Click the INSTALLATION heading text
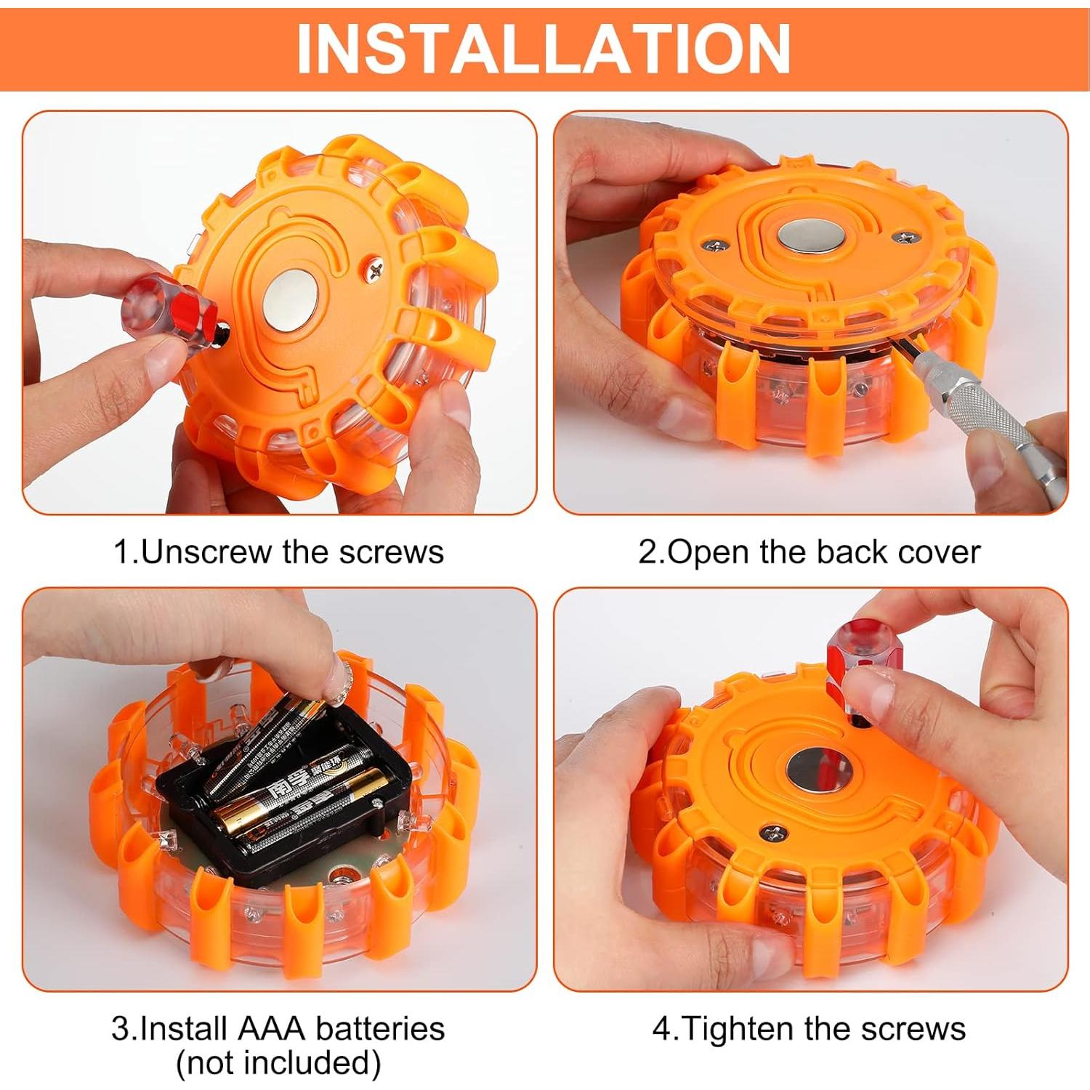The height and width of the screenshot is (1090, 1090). [544, 48]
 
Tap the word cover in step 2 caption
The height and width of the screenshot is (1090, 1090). [939, 552]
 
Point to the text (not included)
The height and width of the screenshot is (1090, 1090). [278, 1062]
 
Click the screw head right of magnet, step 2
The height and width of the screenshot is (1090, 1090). [905, 237]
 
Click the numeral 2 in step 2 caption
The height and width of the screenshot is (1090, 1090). [646, 552]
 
